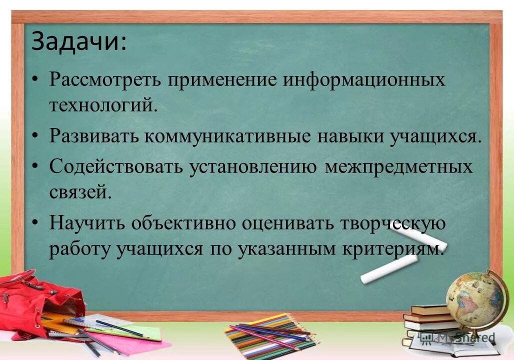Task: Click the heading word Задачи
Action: click(78, 43)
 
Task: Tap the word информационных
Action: click(364, 80)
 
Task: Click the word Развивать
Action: click(93, 136)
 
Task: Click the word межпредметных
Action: click(398, 166)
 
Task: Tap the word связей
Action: click(80, 192)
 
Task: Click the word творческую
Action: click(393, 223)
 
